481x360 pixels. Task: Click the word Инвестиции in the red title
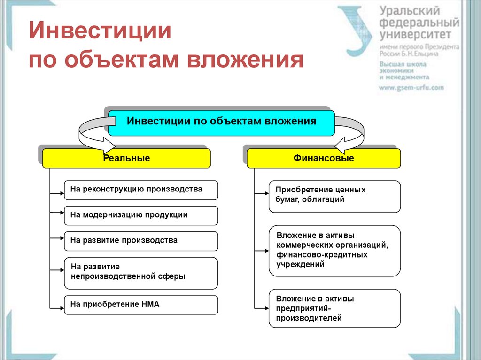click(x=100, y=31)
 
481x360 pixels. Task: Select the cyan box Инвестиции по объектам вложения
click(x=221, y=123)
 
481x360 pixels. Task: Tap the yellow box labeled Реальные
click(x=126, y=158)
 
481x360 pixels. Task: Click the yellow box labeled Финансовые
click(x=324, y=158)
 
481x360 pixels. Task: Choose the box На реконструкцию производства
click(x=141, y=190)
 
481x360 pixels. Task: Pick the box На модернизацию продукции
click(x=141, y=215)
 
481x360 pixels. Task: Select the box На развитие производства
click(x=141, y=241)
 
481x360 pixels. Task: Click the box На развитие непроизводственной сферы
click(x=141, y=273)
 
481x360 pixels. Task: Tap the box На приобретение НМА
click(x=141, y=305)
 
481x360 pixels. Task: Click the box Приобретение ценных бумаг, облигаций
click(x=334, y=196)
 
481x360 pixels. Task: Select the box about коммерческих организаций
click(x=334, y=251)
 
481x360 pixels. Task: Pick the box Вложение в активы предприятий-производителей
click(x=334, y=308)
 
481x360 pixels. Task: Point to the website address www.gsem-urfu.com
click(x=411, y=88)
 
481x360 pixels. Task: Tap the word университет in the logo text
click(x=415, y=34)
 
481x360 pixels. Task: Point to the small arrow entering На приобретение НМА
click(x=57, y=308)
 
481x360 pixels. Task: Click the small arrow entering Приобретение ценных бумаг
click(x=261, y=193)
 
